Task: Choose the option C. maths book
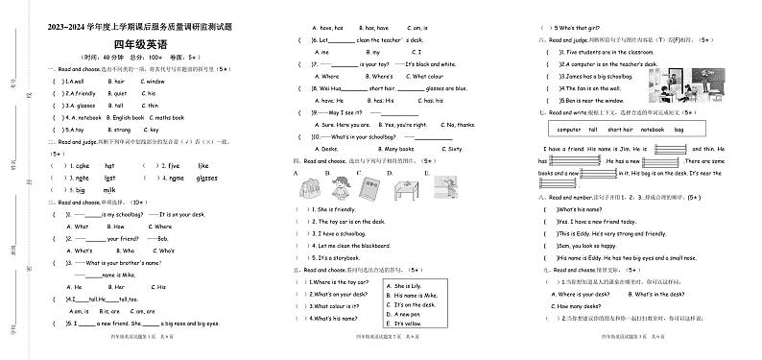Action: (x=145, y=117)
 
